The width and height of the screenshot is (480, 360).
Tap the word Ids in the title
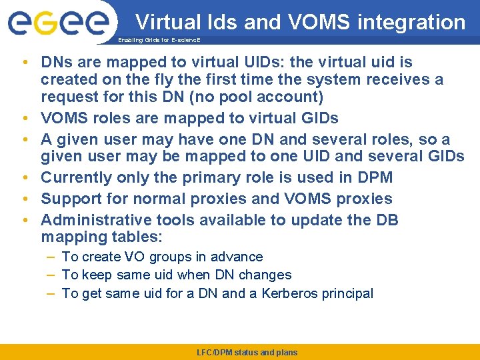point(220,23)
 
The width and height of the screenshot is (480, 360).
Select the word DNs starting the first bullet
point(55,63)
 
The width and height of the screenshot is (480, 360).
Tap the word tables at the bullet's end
point(141,237)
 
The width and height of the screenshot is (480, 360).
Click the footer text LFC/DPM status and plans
point(247,352)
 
